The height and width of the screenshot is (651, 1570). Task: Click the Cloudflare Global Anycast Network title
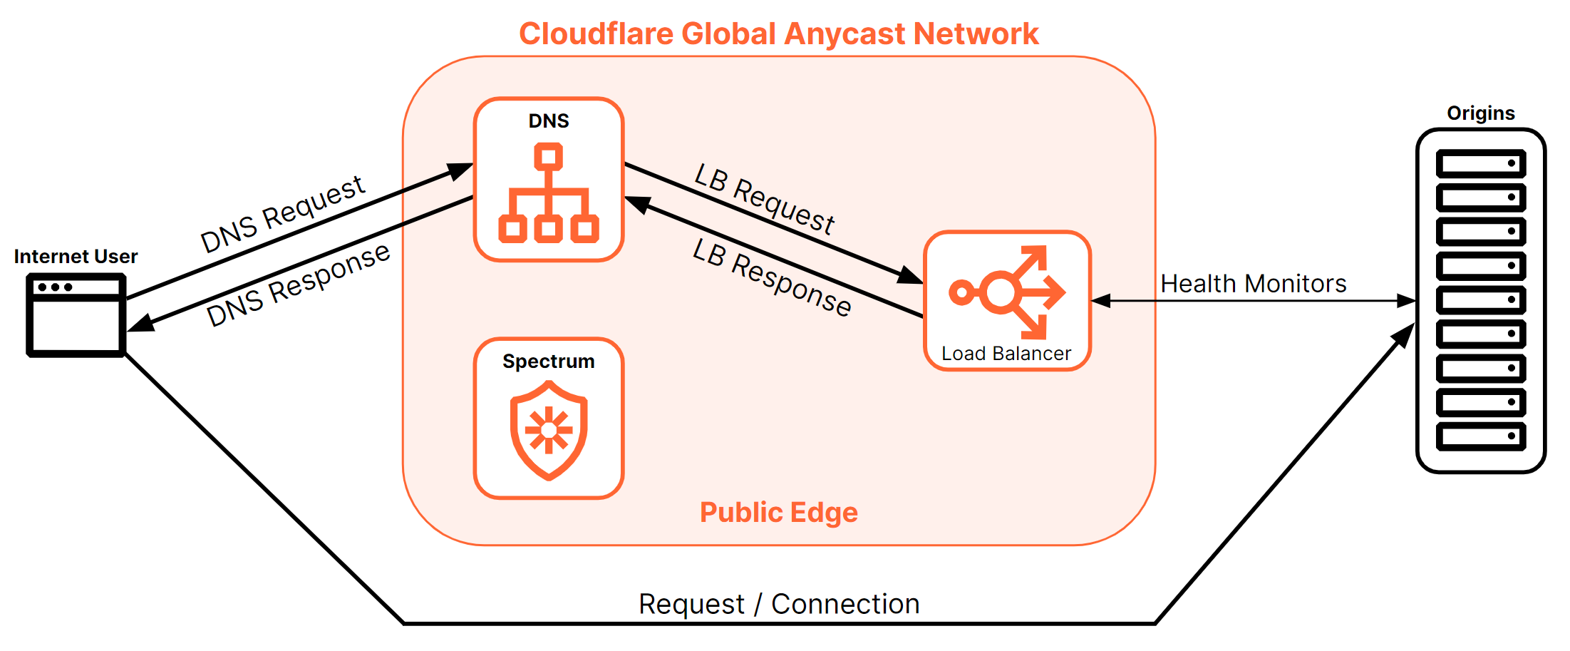pos(778,34)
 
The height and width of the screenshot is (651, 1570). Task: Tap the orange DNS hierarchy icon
pos(548,194)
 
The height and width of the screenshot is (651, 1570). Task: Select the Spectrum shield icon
pos(548,430)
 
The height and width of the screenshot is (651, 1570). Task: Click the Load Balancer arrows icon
pos(1007,292)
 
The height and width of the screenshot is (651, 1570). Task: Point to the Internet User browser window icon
pos(76,314)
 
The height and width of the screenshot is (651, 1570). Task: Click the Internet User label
pos(76,257)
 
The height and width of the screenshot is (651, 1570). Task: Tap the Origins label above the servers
pos(1480,113)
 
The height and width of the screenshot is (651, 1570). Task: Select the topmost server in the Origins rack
pos(1480,163)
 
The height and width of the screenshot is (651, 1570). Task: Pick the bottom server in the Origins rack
pos(1480,436)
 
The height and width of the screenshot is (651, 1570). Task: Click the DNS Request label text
pos(283,213)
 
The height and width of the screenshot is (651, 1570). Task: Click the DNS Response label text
pos(298,285)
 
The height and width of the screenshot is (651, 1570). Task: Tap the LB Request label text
pos(764,199)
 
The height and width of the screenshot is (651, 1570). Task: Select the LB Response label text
pos(772,277)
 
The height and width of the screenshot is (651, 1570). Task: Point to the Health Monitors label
pos(1253,284)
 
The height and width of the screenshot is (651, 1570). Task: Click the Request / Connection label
pos(778,604)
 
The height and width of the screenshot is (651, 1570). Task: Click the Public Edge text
pos(778,512)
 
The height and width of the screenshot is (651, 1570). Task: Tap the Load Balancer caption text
pos(1006,354)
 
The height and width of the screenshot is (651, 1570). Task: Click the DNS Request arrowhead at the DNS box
pos(461,170)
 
